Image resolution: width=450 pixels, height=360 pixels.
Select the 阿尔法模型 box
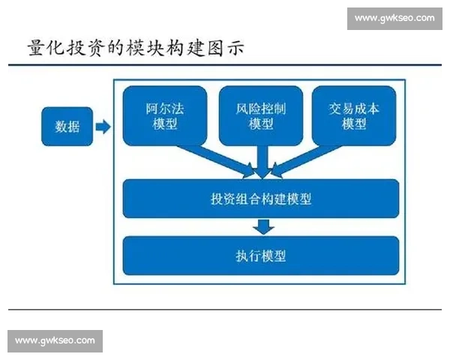point(165,116)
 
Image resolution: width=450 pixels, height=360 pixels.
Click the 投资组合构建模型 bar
point(261,199)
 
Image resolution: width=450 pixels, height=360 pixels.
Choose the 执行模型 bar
point(261,256)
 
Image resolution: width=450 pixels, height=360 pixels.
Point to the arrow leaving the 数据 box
point(103,127)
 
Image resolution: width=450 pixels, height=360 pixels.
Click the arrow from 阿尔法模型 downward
point(217,160)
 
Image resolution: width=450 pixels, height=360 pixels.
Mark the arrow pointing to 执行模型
point(262,226)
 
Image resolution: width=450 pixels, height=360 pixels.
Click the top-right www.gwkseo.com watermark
point(394,18)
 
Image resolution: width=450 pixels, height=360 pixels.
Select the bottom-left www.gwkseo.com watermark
point(55,341)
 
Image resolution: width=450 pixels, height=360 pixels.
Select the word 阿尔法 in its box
point(165,108)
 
